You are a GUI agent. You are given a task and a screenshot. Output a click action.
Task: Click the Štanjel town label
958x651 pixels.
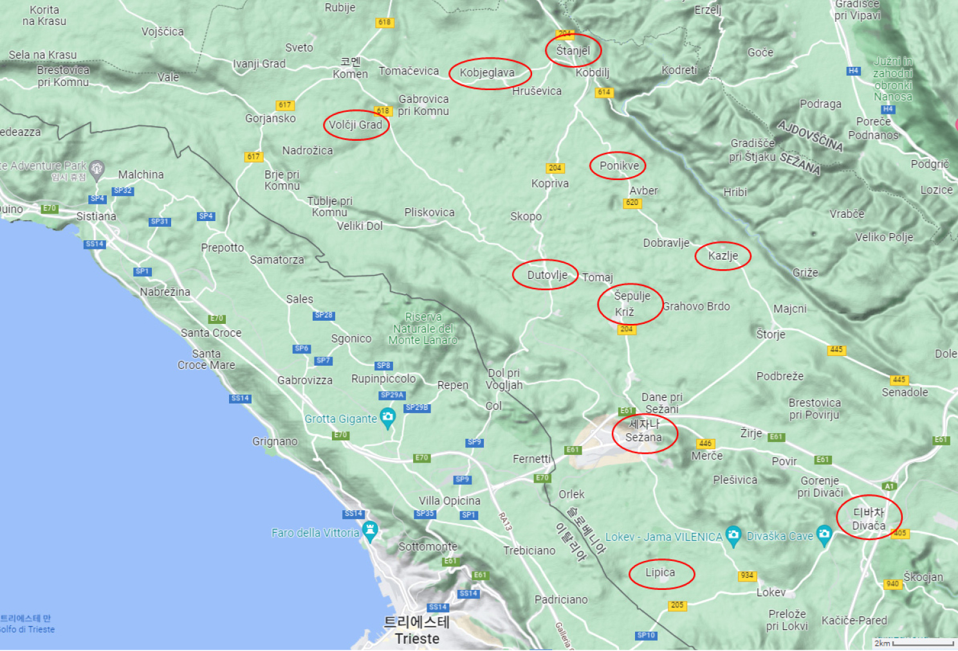(x=573, y=51)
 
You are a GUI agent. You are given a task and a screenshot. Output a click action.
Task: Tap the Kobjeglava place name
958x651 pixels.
(x=487, y=73)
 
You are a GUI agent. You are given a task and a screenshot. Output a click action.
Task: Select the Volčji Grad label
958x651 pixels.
(x=356, y=125)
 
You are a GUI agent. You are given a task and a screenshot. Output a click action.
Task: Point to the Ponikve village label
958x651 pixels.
(x=619, y=166)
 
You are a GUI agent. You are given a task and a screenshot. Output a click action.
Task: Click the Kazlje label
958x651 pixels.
(x=723, y=256)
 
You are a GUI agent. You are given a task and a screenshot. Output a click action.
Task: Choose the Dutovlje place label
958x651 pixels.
(x=547, y=275)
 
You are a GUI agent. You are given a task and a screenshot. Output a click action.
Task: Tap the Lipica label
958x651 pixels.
(x=660, y=573)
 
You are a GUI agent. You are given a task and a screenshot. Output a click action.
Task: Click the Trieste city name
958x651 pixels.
(x=417, y=638)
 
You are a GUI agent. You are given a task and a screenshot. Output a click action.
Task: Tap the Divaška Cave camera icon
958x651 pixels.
(x=824, y=534)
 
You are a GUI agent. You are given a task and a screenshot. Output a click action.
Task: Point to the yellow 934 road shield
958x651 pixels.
(x=747, y=576)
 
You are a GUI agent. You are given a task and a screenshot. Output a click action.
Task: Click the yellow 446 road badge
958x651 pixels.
(x=705, y=443)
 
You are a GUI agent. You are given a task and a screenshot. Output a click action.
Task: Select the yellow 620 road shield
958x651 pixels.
(x=632, y=202)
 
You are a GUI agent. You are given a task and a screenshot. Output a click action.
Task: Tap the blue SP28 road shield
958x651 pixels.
(x=324, y=316)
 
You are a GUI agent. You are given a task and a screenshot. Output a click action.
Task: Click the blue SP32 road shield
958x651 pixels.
(x=122, y=191)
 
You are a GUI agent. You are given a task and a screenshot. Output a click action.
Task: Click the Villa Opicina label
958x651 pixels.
(x=449, y=501)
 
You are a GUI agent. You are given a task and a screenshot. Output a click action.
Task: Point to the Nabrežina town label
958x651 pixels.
(x=165, y=292)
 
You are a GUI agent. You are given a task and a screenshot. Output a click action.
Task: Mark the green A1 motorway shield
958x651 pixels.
(x=889, y=486)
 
